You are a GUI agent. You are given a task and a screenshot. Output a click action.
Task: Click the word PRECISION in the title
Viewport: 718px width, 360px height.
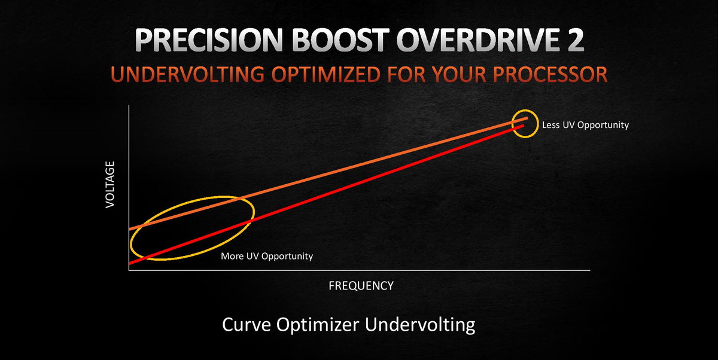pos(208,40)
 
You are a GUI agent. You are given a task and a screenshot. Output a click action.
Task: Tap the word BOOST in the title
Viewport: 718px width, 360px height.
pos(340,40)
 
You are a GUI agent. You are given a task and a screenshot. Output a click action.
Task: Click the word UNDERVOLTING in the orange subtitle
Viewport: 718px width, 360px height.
pos(187,74)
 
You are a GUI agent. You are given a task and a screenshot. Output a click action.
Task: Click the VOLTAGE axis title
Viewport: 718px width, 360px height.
pos(110,185)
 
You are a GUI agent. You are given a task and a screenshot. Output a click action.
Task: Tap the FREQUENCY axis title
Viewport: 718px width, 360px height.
pos(361,286)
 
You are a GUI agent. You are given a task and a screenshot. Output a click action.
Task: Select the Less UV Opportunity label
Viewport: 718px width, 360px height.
pos(585,125)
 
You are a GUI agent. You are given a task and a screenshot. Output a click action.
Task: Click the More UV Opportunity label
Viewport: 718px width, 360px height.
pos(267,256)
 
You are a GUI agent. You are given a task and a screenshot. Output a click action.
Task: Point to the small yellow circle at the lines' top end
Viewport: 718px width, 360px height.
pos(512,124)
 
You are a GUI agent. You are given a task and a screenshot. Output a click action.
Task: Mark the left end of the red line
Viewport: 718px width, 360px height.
pos(129,264)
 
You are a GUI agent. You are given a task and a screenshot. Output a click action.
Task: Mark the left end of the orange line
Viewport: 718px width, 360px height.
pos(129,229)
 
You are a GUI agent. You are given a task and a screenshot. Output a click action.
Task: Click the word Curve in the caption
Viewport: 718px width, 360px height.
pos(246,325)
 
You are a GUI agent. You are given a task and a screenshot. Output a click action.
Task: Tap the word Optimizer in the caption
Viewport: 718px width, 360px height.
pos(317,325)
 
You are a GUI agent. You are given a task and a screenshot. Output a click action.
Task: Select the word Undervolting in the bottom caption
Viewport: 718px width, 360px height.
pos(420,325)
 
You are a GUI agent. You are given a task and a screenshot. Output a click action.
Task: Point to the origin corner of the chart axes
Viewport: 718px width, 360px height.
pos(129,270)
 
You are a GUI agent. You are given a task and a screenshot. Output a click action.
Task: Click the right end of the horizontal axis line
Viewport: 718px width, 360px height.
pos(590,270)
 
